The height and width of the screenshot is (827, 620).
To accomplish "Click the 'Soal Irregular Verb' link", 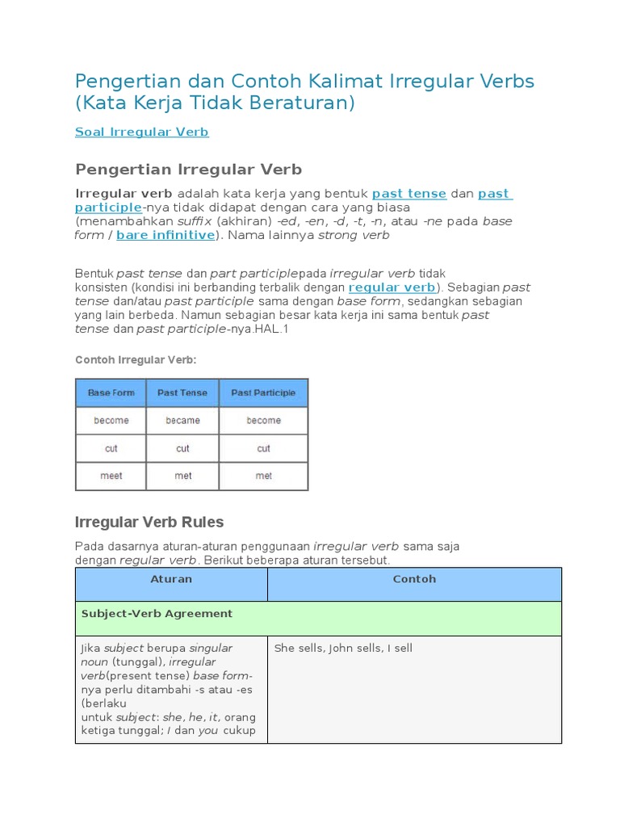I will click(142, 132).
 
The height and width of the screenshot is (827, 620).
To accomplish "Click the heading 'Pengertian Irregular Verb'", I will click(188, 169).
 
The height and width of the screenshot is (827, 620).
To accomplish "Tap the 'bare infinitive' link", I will click(165, 235).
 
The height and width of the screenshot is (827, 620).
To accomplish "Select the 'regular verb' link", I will click(392, 288).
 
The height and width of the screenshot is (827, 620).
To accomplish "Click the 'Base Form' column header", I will click(111, 393).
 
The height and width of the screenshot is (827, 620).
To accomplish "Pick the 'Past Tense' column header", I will click(182, 393).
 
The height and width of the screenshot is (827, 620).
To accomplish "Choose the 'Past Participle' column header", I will click(263, 393).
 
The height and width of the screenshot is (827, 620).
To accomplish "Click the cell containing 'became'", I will click(182, 421).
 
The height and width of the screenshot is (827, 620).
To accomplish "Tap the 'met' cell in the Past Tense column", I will click(182, 476).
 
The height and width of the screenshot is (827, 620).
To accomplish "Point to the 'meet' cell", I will click(111, 476).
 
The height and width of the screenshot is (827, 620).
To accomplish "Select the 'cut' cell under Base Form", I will click(111, 448).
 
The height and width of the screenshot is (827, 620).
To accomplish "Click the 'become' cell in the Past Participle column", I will click(263, 421).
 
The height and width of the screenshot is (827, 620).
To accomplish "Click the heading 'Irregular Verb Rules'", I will click(149, 522).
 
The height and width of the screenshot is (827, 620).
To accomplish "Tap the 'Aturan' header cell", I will click(171, 579).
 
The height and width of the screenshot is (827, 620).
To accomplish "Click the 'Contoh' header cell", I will click(414, 579).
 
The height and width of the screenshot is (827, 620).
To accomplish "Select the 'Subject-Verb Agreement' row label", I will click(157, 614).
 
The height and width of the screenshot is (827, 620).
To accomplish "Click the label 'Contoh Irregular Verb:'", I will click(136, 359).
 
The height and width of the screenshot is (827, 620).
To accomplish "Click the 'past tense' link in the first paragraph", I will click(408, 194).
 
